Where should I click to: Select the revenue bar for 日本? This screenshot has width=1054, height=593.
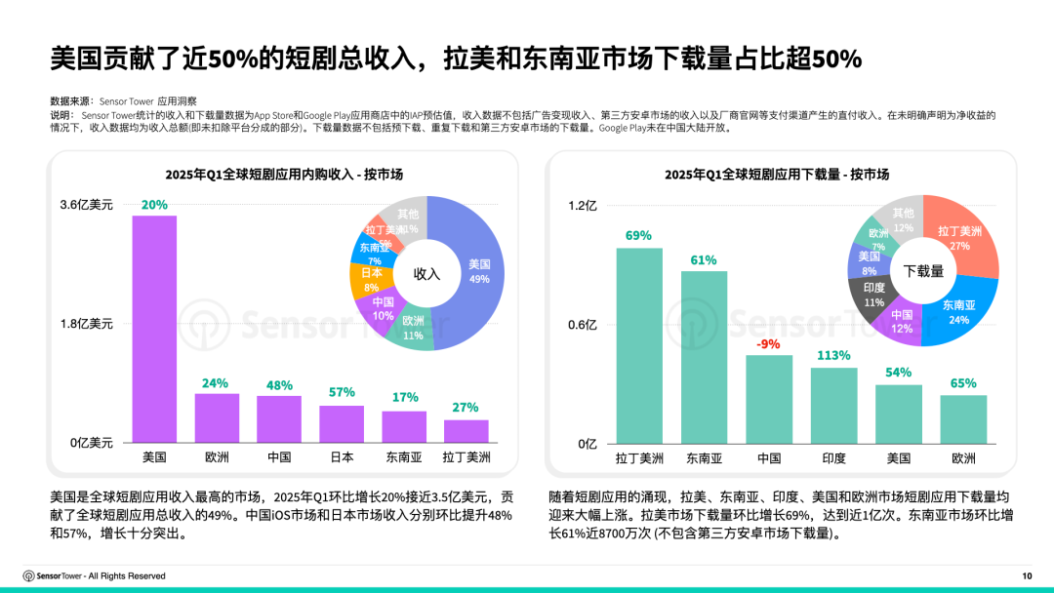(342, 424)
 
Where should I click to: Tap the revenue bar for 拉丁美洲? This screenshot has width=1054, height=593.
(466, 431)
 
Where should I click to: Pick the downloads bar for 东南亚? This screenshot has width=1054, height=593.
(704, 356)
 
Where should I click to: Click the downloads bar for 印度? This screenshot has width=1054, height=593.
(833, 405)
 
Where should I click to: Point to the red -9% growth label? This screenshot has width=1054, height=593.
(769, 343)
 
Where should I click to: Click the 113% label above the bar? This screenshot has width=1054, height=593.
(833, 355)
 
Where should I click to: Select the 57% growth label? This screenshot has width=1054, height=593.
(342, 393)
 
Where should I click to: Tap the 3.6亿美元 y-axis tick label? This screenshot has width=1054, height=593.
(87, 205)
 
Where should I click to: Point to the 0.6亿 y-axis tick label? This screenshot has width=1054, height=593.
(583, 325)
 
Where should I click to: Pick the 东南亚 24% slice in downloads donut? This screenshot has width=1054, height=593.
(960, 308)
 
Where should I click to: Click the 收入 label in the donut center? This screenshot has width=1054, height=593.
(427, 274)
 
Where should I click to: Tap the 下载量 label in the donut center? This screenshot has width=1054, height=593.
(923, 271)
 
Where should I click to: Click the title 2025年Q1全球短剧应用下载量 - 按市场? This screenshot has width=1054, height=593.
(777, 174)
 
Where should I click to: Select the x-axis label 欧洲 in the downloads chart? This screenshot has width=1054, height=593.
(963, 457)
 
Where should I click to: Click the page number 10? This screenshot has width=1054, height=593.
(1026, 575)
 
